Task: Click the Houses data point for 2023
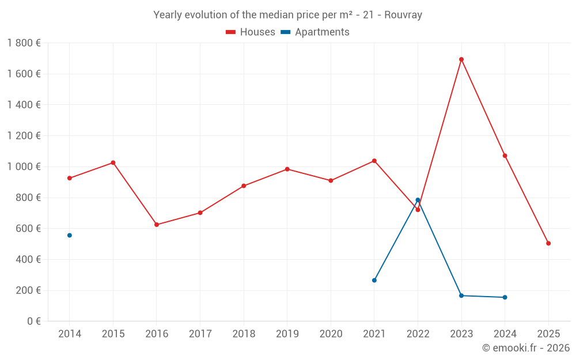click(x=461, y=59)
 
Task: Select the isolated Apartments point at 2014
click(x=70, y=235)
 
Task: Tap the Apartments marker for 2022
click(x=418, y=200)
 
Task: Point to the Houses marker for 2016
click(x=157, y=225)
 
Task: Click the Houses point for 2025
click(x=548, y=243)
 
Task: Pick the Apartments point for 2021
click(x=374, y=280)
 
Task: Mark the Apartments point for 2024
click(x=505, y=297)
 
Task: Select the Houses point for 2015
click(x=113, y=162)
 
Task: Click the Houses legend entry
click(x=251, y=32)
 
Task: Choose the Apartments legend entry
click(x=315, y=32)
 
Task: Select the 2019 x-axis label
click(x=287, y=334)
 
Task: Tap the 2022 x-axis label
click(x=418, y=334)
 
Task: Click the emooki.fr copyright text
click(x=526, y=348)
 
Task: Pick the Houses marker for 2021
click(x=374, y=161)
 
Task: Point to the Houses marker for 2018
click(x=244, y=185)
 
